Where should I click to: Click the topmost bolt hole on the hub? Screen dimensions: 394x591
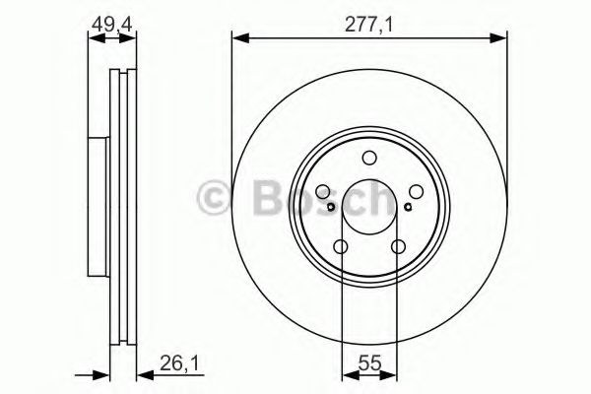368,159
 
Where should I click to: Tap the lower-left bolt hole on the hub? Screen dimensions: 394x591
341,247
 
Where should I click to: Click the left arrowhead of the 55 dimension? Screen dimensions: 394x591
347,374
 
